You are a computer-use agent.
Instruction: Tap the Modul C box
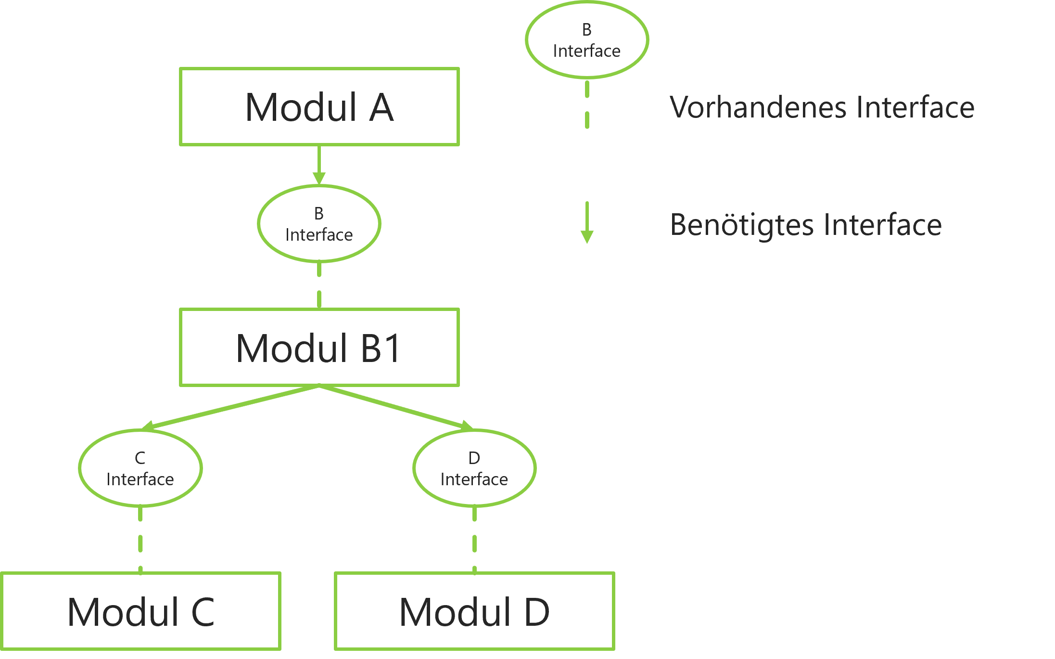[140, 611]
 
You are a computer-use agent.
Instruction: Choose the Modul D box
[474, 611]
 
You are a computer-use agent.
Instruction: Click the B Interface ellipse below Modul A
[319, 224]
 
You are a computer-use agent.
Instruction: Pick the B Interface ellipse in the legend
[586, 40]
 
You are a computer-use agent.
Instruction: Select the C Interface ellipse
[140, 468]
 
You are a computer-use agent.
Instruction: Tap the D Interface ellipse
[474, 468]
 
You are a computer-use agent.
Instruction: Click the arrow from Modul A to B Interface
[319, 164]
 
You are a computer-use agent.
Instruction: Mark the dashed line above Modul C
[140, 539]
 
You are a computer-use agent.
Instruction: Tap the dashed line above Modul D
[474, 539]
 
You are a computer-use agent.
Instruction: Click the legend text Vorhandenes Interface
[822, 107]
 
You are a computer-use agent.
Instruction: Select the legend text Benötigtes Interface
[806, 225]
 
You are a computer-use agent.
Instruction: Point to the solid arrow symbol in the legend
[587, 222]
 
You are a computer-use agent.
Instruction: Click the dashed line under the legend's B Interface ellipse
[587, 104]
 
